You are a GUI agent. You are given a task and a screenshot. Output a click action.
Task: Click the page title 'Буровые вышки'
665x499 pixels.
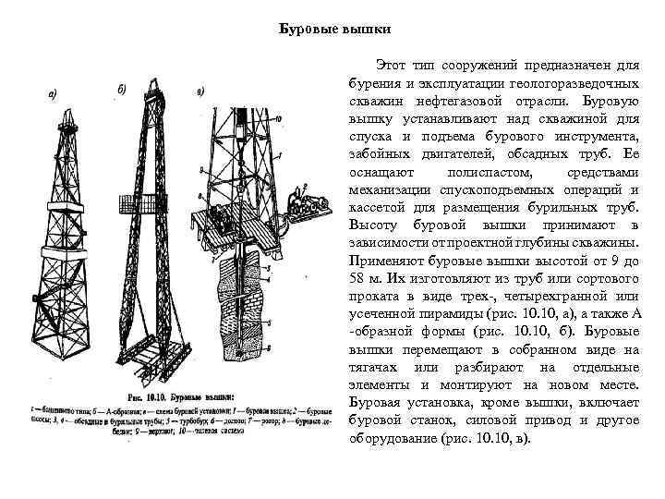click(335, 28)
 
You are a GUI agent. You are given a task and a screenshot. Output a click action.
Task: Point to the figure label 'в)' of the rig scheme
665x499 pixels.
click(200, 91)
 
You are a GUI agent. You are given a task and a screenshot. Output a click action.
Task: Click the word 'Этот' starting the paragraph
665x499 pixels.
click(392, 67)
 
